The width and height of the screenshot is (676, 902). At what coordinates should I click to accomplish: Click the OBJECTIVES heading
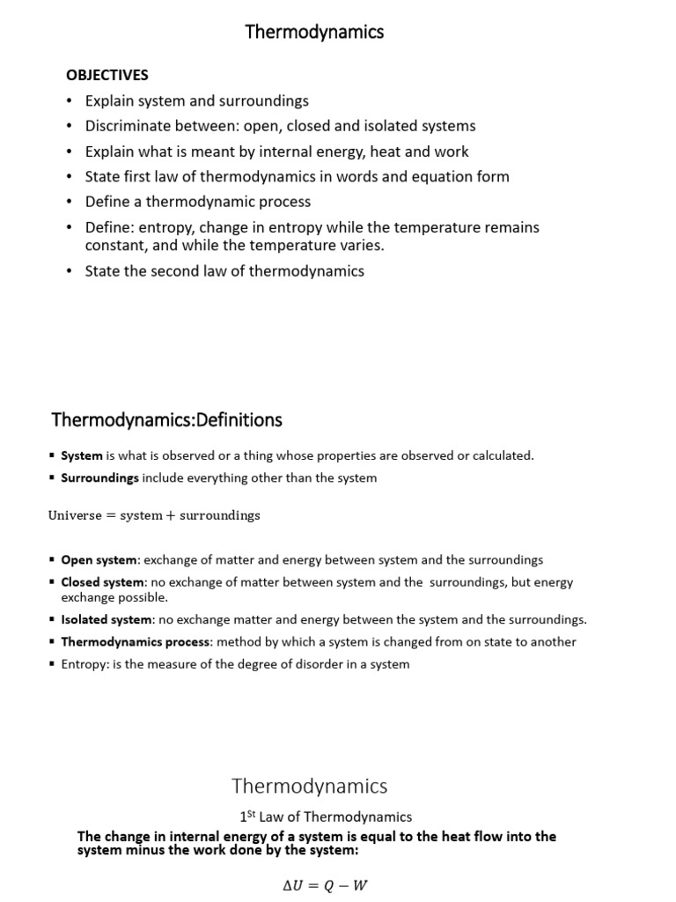click(x=107, y=75)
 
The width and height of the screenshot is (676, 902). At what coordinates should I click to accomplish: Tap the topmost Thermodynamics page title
click(x=314, y=33)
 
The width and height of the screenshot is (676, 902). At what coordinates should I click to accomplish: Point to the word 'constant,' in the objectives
click(x=114, y=245)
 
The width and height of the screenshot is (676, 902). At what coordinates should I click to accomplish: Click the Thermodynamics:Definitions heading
click(x=167, y=419)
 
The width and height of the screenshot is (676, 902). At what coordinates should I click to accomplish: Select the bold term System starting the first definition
click(x=81, y=455)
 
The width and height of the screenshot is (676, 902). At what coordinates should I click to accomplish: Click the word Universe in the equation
click(x=75, y=515)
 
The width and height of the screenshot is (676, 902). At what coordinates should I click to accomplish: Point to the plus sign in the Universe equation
click(x=171, y=515)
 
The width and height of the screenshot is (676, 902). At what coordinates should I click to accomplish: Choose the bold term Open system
click(x=99, y=559)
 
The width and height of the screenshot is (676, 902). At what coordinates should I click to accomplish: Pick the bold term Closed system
click(x=103, y=582)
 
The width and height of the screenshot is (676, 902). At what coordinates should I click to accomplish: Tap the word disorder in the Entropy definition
click(x=304, y=664)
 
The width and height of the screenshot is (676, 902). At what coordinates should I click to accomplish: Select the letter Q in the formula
click(x=329, y=885)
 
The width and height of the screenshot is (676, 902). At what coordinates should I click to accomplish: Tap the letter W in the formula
click(x=359, y=885)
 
